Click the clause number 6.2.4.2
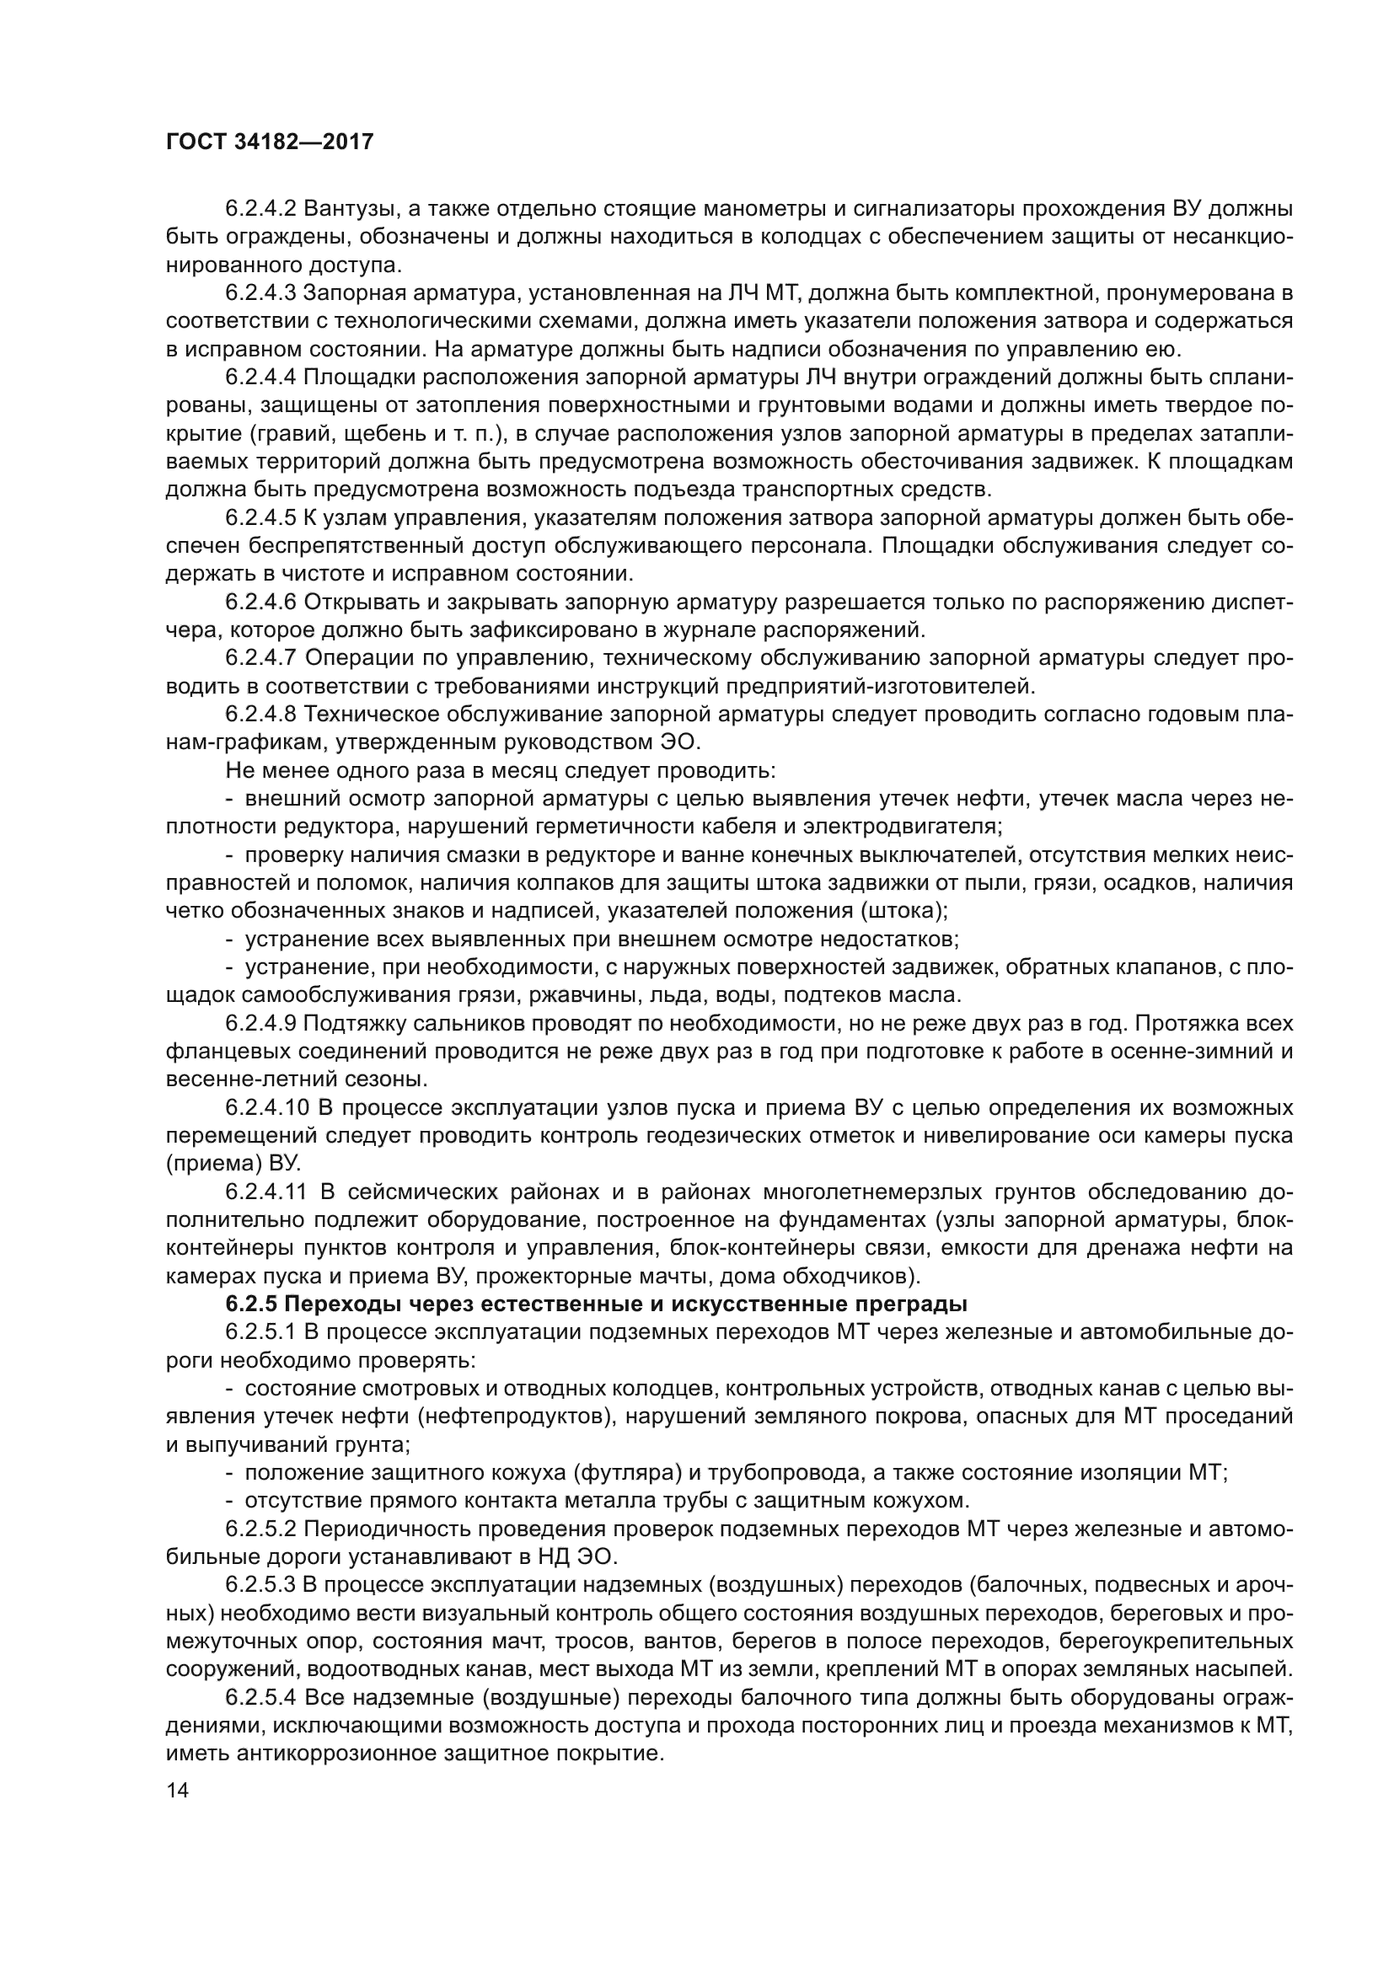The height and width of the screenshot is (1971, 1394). (261, 209)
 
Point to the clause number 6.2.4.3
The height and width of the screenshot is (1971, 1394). (261, 293)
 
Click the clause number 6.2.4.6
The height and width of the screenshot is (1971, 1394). (261, 603)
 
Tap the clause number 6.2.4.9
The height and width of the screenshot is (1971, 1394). (261, 1024)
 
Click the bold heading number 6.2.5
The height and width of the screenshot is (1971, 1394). (252, 1304)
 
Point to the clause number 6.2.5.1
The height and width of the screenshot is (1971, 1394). (261, 1333)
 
